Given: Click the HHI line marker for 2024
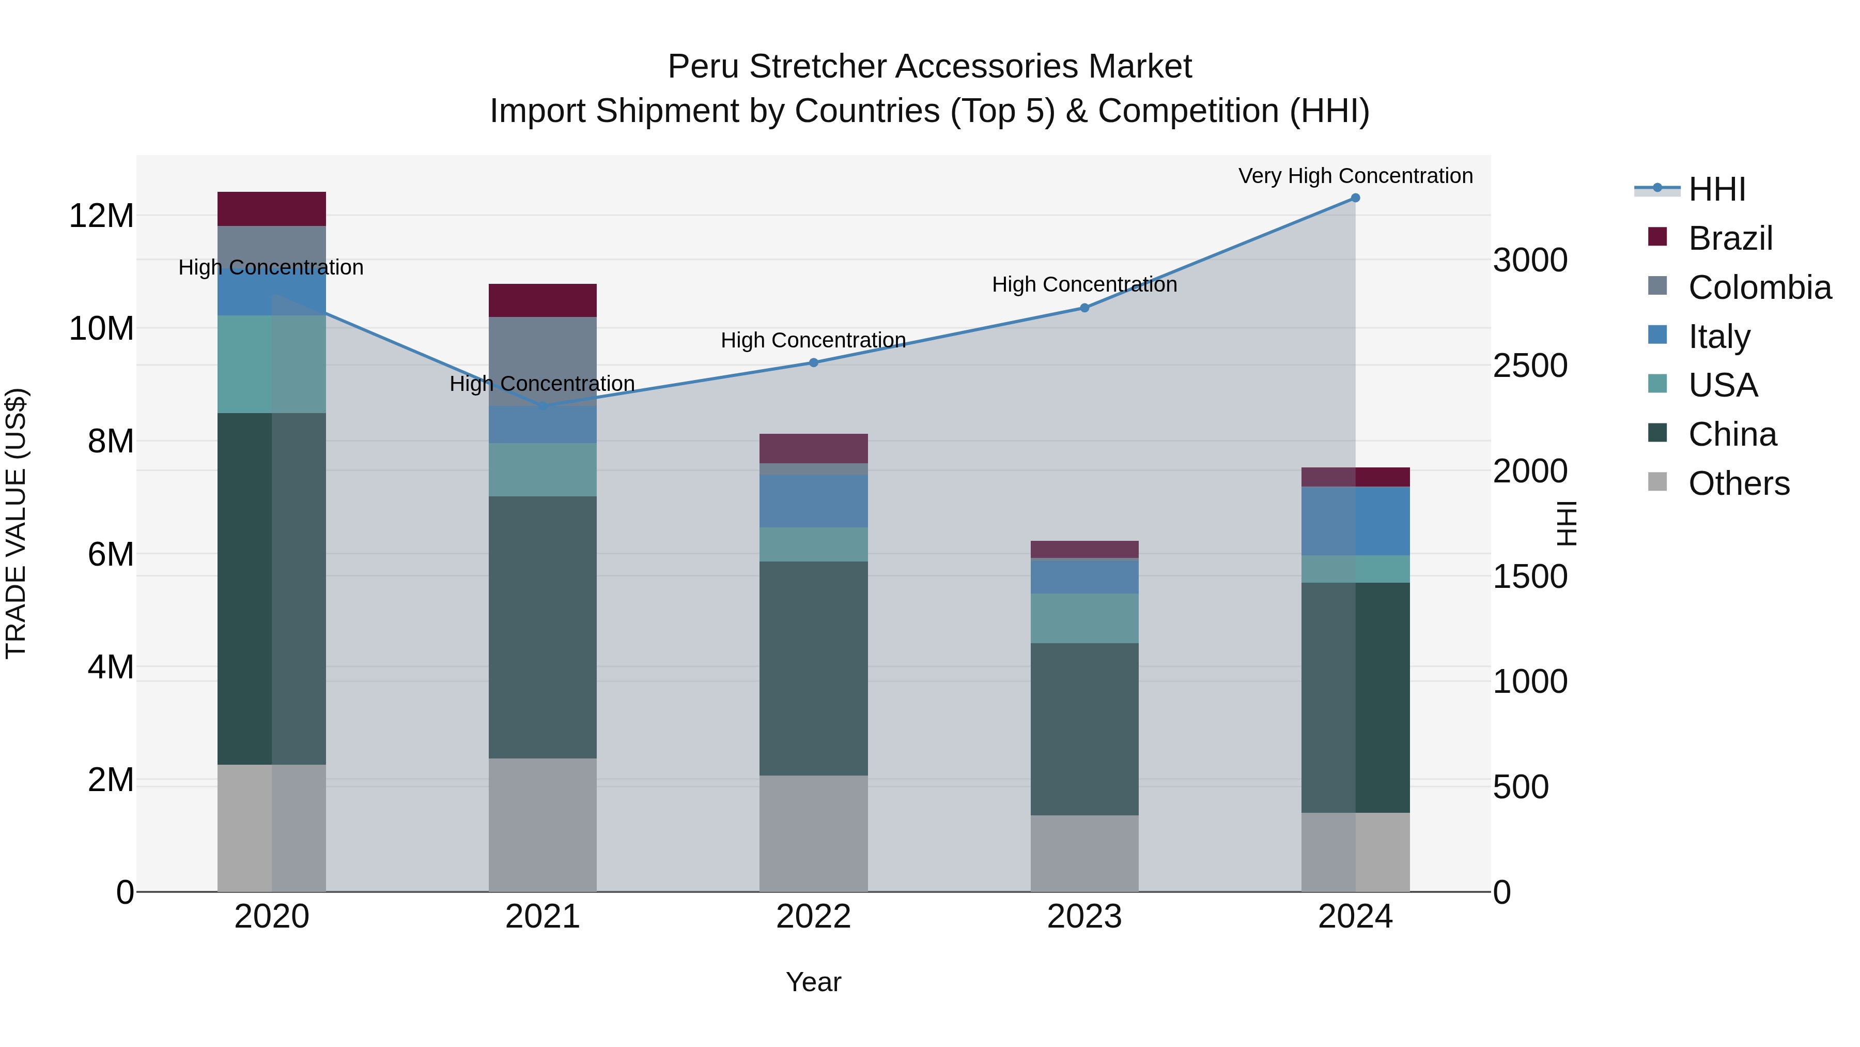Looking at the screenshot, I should (1355, 198).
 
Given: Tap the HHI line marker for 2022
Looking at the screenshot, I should (813, 363).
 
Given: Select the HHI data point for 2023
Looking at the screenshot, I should (1084, 308).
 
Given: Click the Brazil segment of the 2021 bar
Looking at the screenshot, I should (542, 300).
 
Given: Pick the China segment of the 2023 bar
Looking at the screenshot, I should (1084, 729).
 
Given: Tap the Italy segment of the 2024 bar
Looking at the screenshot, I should (1355, 521).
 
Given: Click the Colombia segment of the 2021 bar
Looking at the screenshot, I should (542, 361).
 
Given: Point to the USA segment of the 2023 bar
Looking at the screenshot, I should (1084, 618).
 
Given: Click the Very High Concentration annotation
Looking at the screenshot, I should (1355, 176).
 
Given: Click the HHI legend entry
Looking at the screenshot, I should (1715, 189).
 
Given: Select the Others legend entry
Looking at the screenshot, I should (1738, 483).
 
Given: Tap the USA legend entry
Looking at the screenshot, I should (1722, 385).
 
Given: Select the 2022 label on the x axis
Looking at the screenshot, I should (813, 917).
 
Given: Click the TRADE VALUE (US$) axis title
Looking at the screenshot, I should (16, 523).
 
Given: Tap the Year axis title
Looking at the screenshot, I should (813, 982).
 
